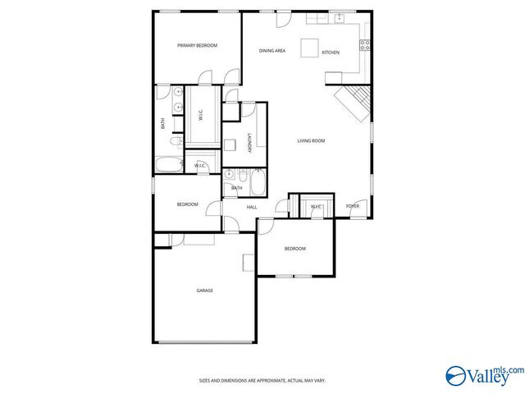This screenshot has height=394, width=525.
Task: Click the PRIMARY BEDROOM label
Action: (197, 46)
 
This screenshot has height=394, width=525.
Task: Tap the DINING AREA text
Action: (272, 52)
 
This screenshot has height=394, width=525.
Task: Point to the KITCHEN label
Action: (331, 53)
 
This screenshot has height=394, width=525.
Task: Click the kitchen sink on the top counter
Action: (339, 17)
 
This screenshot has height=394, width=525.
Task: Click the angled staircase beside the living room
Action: (354, 103)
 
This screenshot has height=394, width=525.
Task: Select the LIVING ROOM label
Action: (311, 141)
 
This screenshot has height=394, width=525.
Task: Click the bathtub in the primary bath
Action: (172, 164)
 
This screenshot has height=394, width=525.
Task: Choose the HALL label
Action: (252, 207)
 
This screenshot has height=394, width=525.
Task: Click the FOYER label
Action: (352, 207)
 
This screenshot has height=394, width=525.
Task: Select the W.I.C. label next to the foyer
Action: (316, 207)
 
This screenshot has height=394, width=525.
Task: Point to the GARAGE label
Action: (204, 291)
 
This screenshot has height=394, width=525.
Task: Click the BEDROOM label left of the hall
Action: (188, 204)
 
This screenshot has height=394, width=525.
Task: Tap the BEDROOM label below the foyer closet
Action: (295, 249)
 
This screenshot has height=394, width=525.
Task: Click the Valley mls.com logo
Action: (483, 374)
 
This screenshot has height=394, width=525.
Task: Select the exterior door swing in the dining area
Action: (283, 20)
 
